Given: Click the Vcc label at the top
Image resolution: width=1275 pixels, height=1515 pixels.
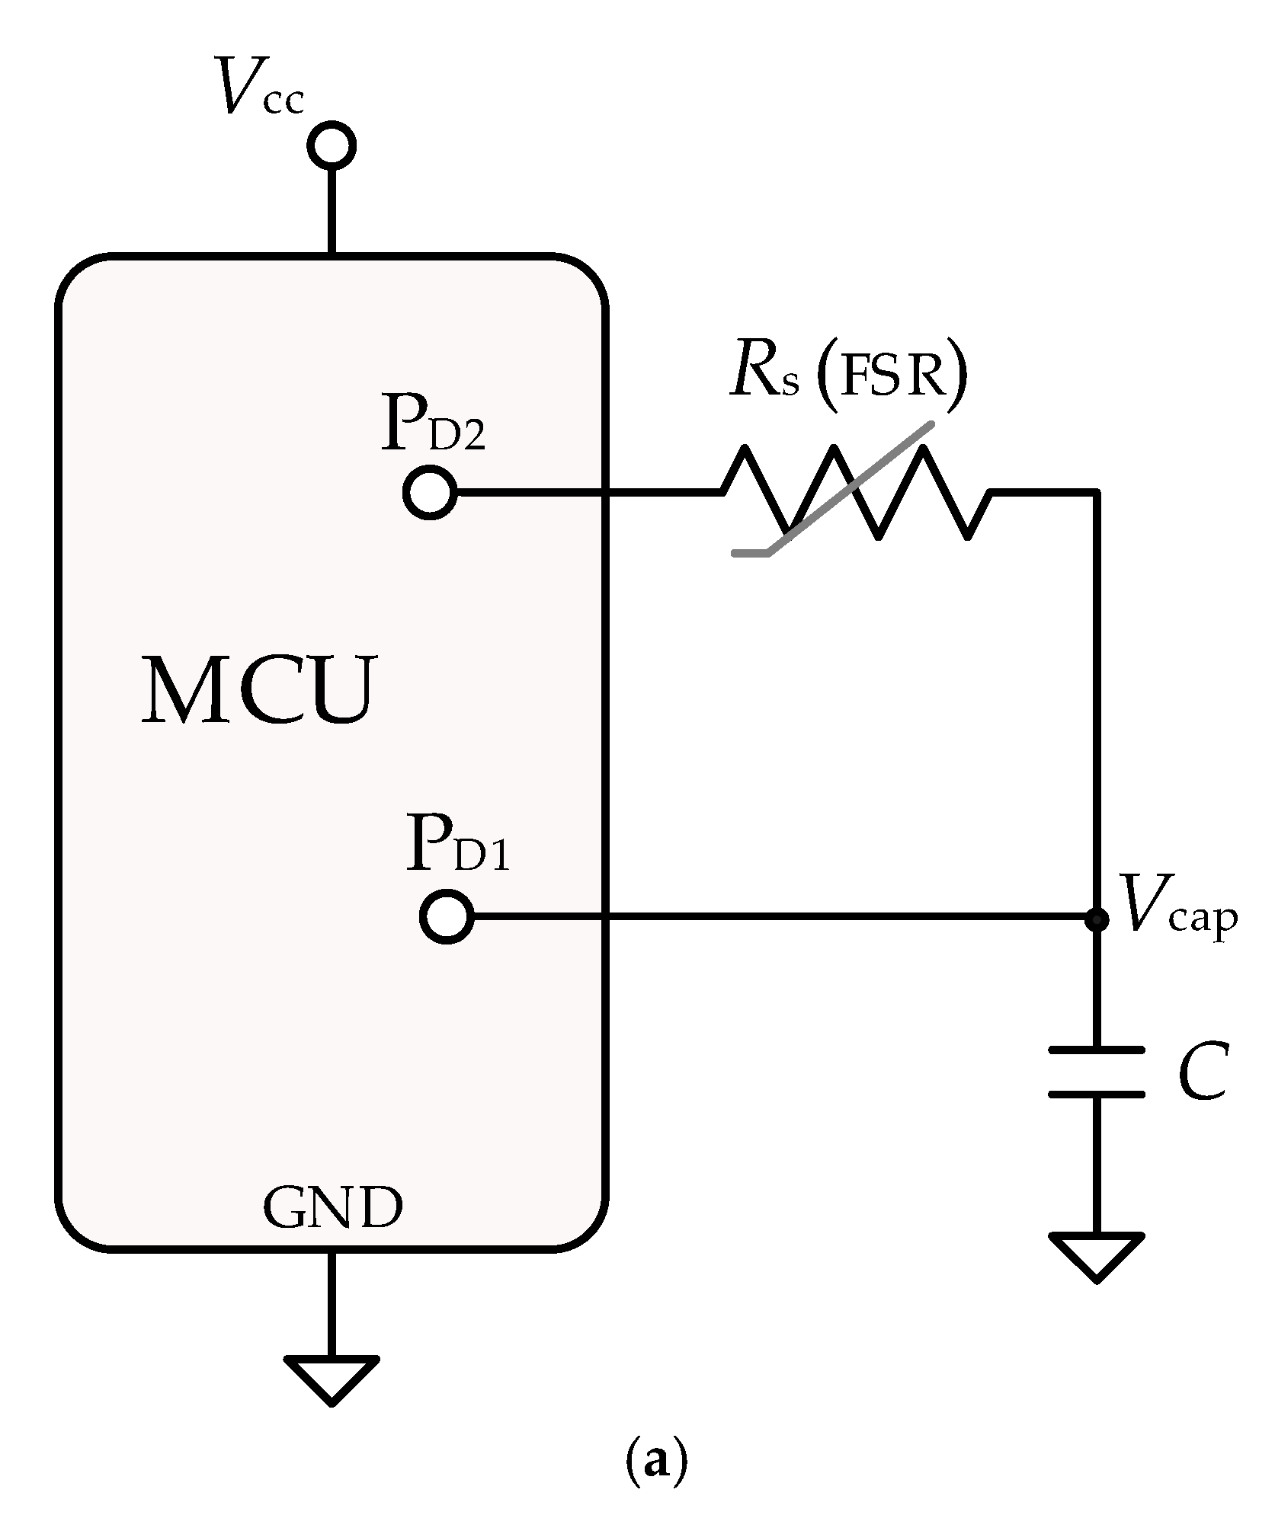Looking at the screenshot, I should coord(260,88).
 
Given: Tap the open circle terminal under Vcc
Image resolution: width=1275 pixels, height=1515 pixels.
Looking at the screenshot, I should coord(332,145).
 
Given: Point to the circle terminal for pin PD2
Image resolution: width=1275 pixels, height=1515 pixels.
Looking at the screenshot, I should coord(431,493).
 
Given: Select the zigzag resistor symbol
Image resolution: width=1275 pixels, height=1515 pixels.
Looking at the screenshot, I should coord(854,493).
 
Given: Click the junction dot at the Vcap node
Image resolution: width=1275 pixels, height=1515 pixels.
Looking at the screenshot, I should coord(1097,919).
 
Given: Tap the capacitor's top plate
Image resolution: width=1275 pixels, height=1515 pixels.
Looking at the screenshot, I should coord(1097,1050).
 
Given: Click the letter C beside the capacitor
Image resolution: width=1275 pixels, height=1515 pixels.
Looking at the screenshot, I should coord(1202,1072).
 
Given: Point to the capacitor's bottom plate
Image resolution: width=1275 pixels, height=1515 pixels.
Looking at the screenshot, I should coord(1097,1095).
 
